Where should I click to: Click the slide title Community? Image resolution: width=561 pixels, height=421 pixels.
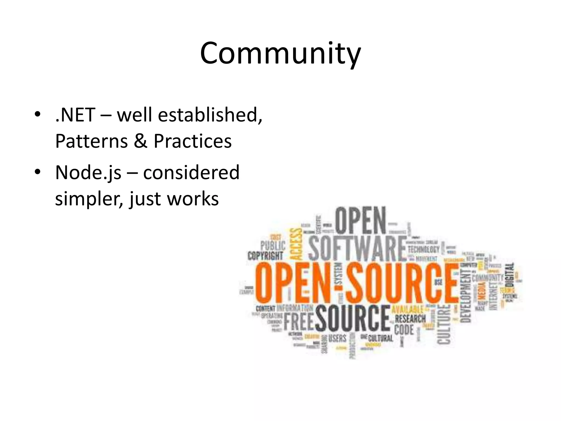280,53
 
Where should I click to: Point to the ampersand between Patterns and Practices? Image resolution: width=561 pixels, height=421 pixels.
141,141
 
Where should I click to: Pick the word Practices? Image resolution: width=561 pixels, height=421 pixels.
193,141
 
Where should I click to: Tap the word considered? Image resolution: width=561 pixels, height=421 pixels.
191,173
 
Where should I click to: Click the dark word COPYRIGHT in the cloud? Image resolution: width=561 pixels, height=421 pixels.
265,256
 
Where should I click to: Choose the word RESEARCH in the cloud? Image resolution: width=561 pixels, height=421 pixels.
410,319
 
